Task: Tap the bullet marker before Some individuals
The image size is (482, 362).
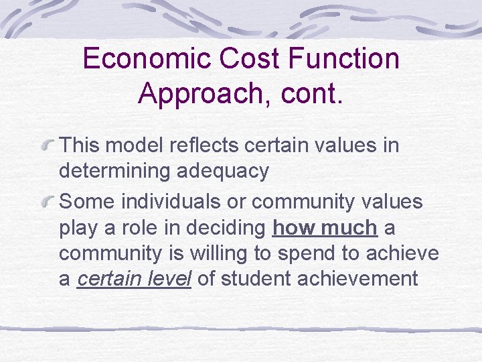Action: point(48,201)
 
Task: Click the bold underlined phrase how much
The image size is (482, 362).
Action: point(325,227)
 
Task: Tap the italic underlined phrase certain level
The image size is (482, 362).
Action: point(135,279)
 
